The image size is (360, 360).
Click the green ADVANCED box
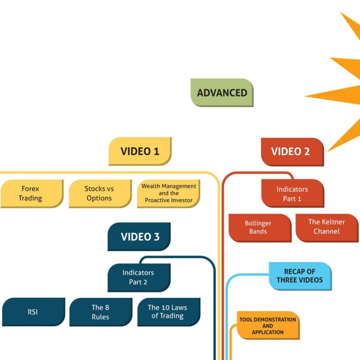click(x=222, y=93)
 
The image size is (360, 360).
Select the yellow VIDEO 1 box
click(x=140, y=151)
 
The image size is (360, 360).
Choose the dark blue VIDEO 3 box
click(x=140, y=237)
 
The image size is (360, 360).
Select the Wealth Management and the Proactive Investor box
click(x=169, y=193)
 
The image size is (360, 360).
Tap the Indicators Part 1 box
click(x=292, y=193)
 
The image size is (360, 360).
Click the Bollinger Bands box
click(x=258, y=227)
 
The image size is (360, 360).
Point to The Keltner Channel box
click(x=327, y=227)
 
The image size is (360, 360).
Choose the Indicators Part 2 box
click(x=138, y=277)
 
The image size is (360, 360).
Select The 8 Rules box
click(x=100, y=311)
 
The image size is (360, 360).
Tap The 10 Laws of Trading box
click(x=167, y=311)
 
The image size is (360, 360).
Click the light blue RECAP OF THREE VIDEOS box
click(x=300, y=276)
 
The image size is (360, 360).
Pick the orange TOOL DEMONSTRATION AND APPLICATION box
click(x=267, y=326)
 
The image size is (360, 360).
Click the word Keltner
click(x=333, y=222)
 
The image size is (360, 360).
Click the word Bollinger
click(x=258, y=223)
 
